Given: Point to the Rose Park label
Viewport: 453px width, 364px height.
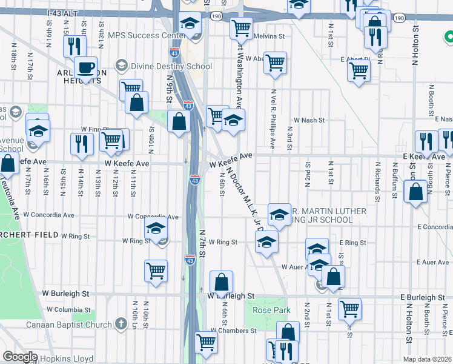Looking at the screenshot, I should (x=268, y=310).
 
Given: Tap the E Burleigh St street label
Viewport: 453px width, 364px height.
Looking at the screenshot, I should (x=423, y=298).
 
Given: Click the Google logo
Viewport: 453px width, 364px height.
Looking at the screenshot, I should (x=21, y=357).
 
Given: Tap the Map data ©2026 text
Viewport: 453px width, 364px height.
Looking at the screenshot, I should (x=426, y=359).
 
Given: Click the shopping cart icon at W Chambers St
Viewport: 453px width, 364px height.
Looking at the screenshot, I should (x=207, y=343).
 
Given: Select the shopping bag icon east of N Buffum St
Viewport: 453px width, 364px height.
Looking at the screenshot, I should (x=416, y=192).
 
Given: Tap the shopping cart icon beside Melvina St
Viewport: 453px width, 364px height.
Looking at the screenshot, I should (x=241, y=28).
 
